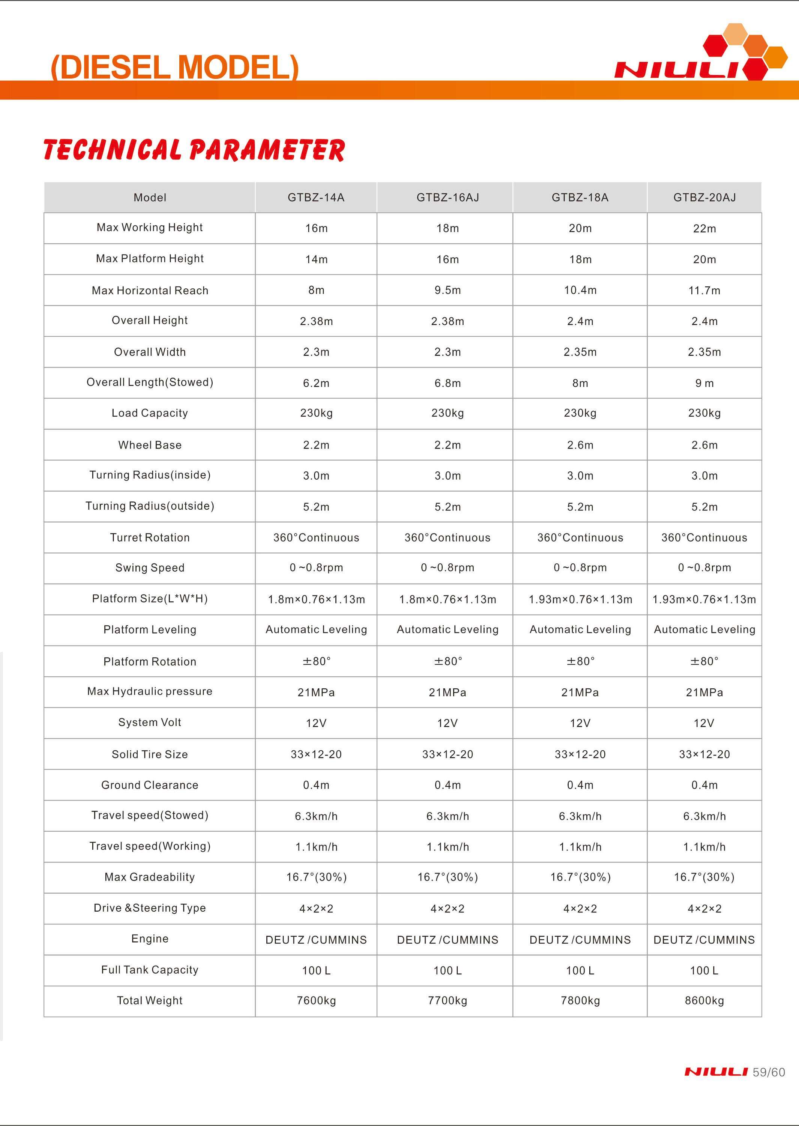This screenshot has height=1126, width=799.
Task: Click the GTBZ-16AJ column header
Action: (447, 197)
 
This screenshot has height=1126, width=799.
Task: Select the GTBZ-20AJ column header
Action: (704, 197)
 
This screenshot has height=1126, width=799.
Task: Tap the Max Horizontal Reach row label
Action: (150, 291)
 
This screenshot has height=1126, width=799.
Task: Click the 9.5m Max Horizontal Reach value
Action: (447, 291)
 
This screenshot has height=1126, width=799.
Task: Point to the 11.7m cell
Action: (704, 291)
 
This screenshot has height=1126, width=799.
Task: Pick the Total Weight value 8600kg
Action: (704, 1001)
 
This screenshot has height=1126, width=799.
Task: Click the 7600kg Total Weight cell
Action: (316, 1001)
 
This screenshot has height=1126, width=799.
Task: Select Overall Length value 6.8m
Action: (447, 383)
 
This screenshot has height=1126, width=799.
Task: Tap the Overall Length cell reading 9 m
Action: (704, 383)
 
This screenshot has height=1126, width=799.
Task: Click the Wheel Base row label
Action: (150, 445)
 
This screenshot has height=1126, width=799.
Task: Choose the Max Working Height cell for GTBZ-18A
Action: (580, 228)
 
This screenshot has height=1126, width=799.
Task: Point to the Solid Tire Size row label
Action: (150, 754)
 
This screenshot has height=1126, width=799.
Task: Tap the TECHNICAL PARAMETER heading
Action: (194, 150)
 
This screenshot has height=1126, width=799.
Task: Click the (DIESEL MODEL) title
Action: (175, 67)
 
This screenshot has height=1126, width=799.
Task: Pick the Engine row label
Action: (150, 938)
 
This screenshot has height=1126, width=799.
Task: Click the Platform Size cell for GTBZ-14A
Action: (316, 599)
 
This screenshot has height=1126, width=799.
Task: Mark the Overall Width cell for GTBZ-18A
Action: (580, 352)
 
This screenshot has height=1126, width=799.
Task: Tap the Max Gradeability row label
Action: (150, 877)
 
